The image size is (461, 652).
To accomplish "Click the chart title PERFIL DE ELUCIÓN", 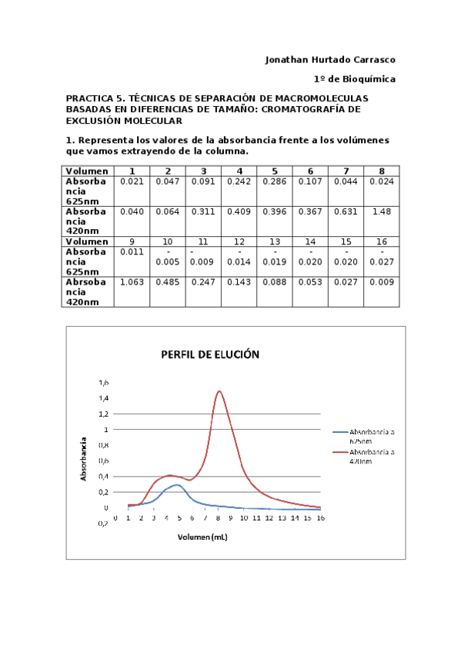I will click(x=210, y=355).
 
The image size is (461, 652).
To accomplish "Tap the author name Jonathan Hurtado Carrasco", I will click(x=330, y=59).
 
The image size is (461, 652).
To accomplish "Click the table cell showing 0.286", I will click(x=275, y=181).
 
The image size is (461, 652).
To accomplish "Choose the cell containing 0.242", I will click(x=239, y=181).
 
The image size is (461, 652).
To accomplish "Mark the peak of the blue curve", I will click(x=176, y=484).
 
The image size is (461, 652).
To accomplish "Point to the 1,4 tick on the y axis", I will click(x=103, y=398).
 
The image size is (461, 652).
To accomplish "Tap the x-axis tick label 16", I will click(x=320, y=518).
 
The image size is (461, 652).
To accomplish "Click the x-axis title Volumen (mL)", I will click(x=202, y=537).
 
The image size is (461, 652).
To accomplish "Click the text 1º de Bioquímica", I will click(x=354, y=78).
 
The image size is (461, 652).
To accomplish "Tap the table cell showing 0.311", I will click(x=203, y=211).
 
